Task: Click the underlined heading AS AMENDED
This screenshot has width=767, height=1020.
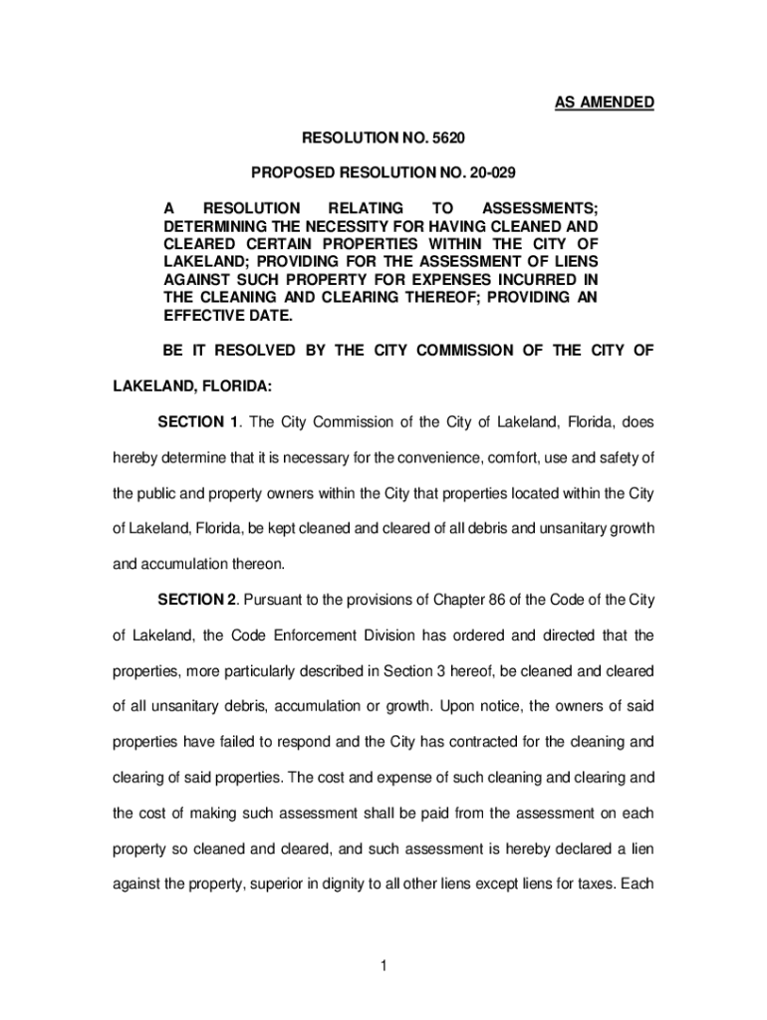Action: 605,103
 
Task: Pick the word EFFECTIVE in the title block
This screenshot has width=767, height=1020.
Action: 202,315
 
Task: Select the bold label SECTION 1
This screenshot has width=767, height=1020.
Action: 198,421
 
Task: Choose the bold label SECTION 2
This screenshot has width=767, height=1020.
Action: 198,599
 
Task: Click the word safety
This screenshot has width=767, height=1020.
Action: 624,457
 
